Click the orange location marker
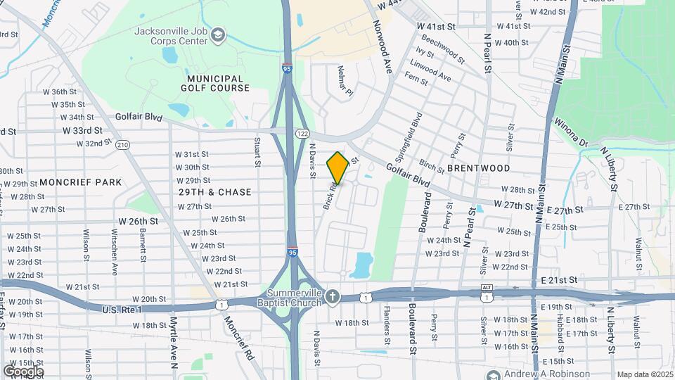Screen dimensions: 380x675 (x=337, y=168)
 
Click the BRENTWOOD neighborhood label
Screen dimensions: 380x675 (x=478, y=168)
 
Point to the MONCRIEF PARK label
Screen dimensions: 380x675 (x=80, y=182)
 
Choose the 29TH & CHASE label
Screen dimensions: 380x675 (x=214, y=191)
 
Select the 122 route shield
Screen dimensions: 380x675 (x=302, y=133)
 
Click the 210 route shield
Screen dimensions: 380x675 (x=123, y=145)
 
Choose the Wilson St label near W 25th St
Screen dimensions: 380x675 (x=86, y=241)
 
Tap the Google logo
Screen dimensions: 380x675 (x=23, y=371)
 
